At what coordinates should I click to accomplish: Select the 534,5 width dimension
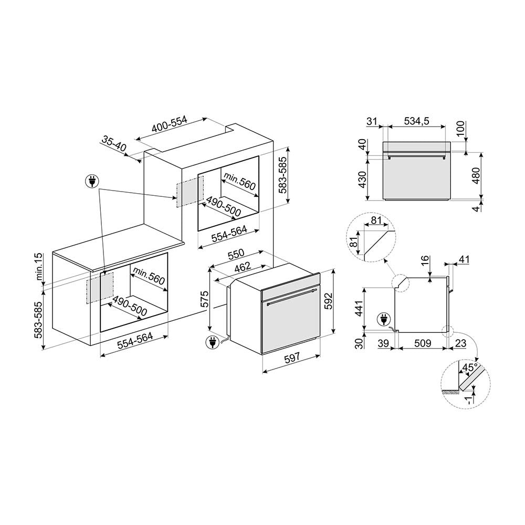(416, 121)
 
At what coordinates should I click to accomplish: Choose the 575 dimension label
(204, 299)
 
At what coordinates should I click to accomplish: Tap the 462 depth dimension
(242, 267)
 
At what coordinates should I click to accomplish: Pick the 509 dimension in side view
(423, 343)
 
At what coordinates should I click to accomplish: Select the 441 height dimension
(359, 309)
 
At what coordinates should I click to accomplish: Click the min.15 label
(39, 267)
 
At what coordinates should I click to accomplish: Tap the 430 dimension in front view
(363, 180)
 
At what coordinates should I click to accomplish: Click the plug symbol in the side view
(383, 319)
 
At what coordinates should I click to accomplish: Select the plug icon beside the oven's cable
(212, 342)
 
